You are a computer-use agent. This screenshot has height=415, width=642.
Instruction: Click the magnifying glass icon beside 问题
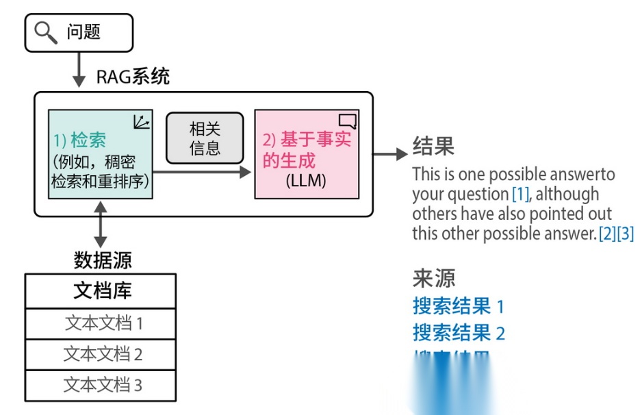(46, 32)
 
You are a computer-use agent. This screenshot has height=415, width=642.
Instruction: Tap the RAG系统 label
(133, 76)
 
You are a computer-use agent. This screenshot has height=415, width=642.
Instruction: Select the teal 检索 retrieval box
(101, 154)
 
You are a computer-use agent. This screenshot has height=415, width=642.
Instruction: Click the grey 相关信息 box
(205, 138)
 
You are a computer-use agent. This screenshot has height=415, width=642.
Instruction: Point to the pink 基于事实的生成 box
(306, 154)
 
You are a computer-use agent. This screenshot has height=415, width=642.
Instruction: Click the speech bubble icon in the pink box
(348, 121)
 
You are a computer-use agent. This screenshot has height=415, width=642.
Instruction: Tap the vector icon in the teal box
(142, 122)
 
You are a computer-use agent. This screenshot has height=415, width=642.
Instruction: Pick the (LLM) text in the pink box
(305, 181)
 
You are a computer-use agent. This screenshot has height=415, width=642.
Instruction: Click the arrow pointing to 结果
(391, 154)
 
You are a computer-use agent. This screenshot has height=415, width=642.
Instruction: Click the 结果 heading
(433, 145)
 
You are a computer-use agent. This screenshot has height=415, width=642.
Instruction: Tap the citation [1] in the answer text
(521, 194)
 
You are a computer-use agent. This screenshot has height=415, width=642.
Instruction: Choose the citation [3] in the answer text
(626, 234)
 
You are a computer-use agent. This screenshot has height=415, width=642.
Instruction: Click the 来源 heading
(433, 278)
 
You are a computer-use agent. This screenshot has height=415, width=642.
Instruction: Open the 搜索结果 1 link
(458, 305)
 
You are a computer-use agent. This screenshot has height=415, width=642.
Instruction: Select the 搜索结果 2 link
(458, 333)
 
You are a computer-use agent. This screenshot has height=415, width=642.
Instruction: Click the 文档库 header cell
(101, 291)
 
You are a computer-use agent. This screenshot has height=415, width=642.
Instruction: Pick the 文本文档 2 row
(101, 354)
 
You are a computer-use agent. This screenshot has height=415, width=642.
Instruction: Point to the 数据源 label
(103, 260)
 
